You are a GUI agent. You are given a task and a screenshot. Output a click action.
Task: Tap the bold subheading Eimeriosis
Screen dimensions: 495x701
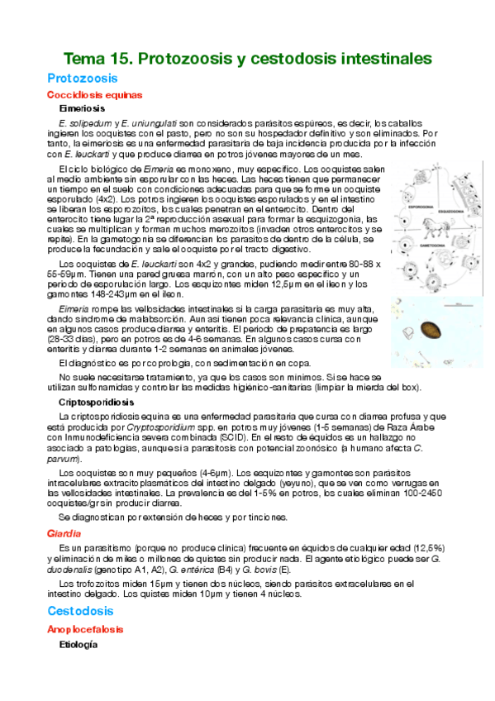point(82,108)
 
